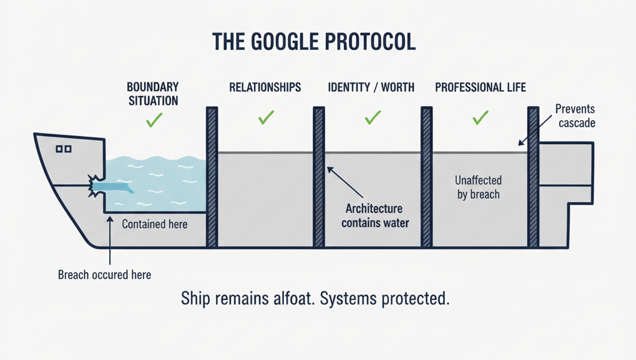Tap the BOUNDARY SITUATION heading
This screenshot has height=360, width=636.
coord(153,94)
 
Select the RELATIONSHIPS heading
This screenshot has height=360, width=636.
coord(265,87)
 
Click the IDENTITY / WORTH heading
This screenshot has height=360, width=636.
coord(371,87)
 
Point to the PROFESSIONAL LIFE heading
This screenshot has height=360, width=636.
coord(481,87)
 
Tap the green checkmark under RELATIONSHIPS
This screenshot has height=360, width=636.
coord(267,117)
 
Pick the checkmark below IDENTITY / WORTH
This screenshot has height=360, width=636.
coord(373,117)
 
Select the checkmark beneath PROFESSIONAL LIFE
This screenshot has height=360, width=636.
coord(480,117)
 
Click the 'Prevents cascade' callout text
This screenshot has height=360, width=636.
coord(575,116)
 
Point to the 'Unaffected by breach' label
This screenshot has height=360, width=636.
coord(477,187)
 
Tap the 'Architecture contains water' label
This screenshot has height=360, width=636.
coord(375,216)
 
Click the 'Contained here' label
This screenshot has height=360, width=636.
coord(155,224)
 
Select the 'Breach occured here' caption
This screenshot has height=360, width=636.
coord(104,275)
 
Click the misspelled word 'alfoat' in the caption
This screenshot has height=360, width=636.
coord(291,298)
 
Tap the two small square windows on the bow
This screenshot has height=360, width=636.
coord(64,149)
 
